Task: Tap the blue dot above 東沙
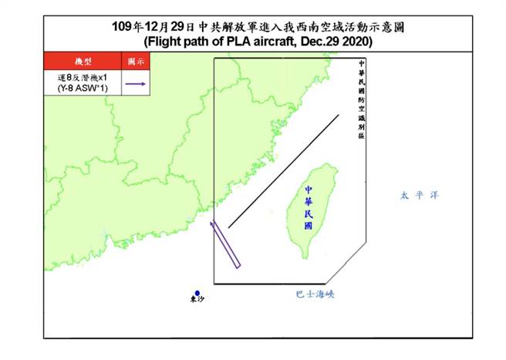click(198, 293)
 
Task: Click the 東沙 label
click(198, 301)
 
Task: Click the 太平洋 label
click(419, 196)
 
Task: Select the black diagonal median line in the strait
click(285, 172)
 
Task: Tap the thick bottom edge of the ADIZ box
click(270, 284)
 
